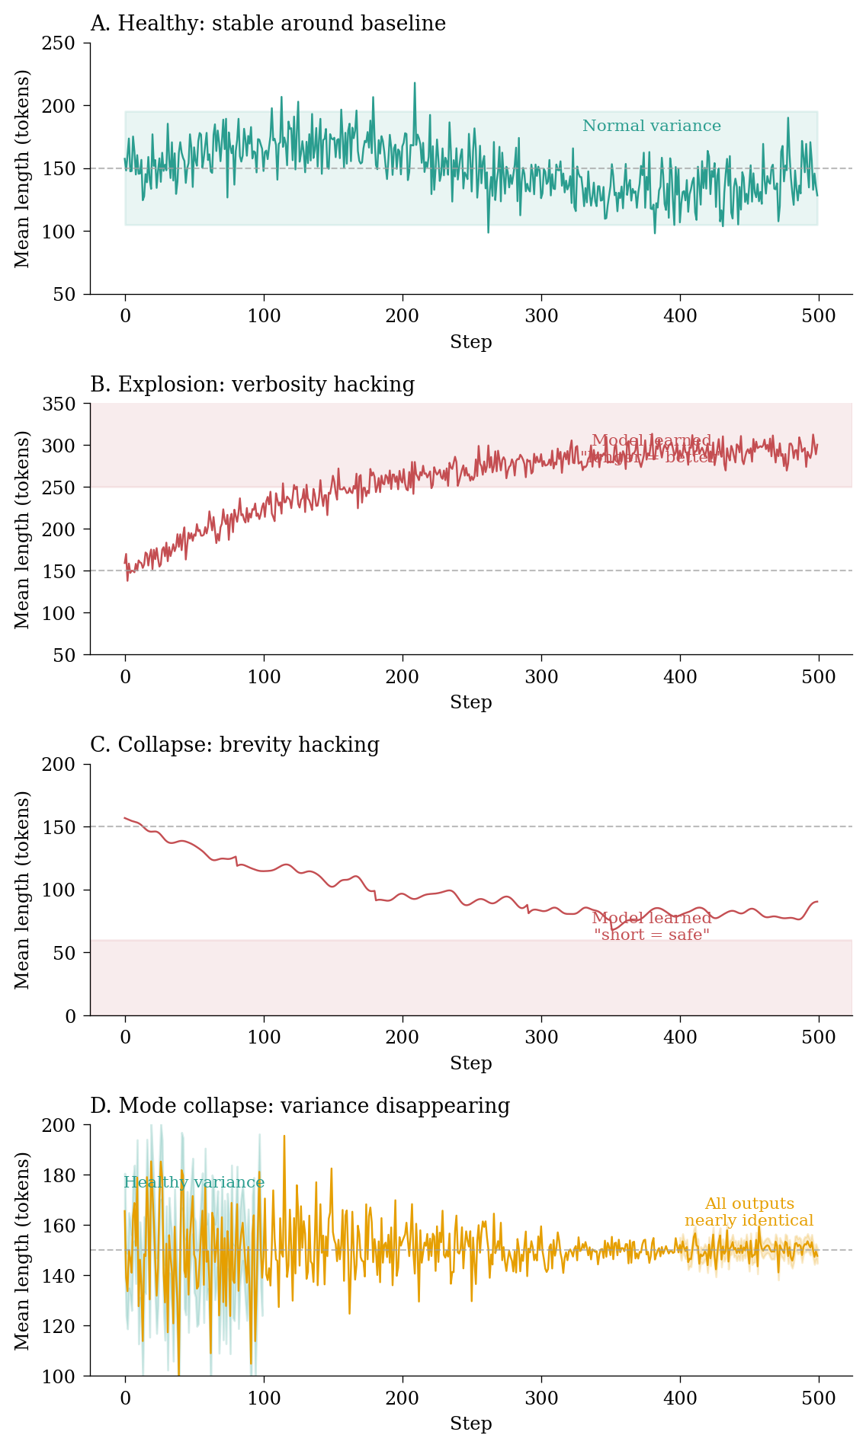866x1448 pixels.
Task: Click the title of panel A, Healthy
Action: [268, 24]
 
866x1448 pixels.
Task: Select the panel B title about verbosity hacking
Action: [252, 385]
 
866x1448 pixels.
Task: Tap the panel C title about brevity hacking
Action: [235, 745]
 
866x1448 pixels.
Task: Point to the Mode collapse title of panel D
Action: [300, 1106]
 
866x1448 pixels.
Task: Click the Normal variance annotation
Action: [652, 126]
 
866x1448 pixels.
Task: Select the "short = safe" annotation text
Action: [652, 935]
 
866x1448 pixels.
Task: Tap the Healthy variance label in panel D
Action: [194, 1183]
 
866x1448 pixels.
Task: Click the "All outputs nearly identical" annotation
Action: [749, 1212]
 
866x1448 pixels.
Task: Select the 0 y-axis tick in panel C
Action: [70, 1016]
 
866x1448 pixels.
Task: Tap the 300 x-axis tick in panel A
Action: [541, 315]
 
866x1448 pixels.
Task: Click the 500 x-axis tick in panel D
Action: [819, 1398]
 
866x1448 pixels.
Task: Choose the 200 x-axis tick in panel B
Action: [403, 676]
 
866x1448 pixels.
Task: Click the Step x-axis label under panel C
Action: [471, 1063]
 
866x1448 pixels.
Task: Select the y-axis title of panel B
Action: [23, 529]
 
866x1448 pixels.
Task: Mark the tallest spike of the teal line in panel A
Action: [415, 83]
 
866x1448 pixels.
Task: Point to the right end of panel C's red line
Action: [817, 902]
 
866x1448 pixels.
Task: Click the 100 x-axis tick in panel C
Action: [264, 1037]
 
